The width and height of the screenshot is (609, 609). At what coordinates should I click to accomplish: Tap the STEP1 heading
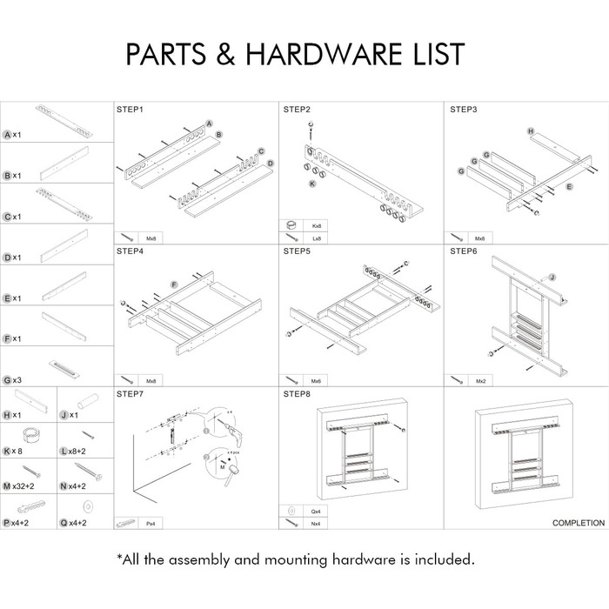pyautogui.click(x=130, y=110)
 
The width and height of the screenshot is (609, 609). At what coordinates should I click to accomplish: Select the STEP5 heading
pyautogui.click(x=297, y=251)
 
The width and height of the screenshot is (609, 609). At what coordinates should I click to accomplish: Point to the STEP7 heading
pyautogui.click(x=130, y=393)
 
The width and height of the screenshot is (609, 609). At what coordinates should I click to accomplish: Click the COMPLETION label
pyautogui.click(x=579, y=523)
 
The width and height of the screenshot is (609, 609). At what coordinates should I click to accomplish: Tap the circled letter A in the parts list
pyautogui.click(x=7, y=135)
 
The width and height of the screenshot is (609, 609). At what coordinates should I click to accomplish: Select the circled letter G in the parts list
pyautogui.click(x=7, y=379)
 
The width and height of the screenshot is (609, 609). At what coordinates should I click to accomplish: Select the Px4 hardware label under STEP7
pyautogui.click(x=151, y=523)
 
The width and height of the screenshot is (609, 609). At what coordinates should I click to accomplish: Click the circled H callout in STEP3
pyautogui.click(x=530, y=130)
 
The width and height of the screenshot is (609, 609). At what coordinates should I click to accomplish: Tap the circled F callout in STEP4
pyautogui.click(x=174, y=284)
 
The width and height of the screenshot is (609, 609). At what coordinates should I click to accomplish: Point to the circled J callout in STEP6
pyautogui.click(x=551, y=276)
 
